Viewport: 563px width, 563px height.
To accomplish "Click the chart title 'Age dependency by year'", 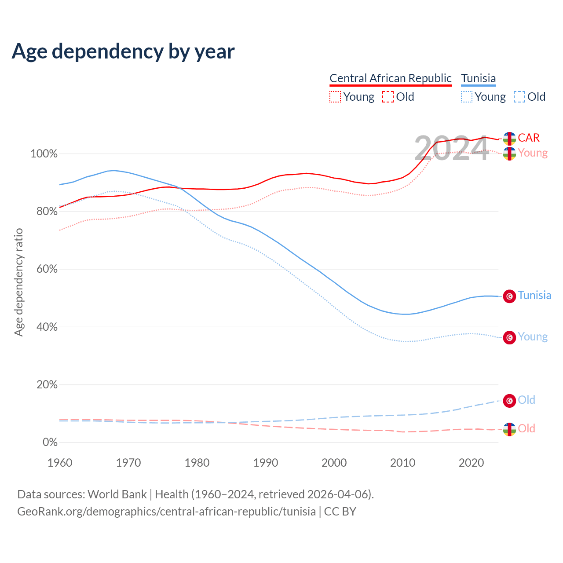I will [x=123, y=51].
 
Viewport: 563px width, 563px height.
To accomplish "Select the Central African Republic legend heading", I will [x=390, y=78].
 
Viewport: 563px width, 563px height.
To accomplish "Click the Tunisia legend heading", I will [x=478, y=78].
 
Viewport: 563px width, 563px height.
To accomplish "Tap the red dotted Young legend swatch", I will [x=335, y=97].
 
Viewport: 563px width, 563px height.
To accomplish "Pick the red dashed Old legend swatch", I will [x=388, y=97].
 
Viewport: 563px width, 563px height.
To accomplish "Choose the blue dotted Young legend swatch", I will [x=467, y=97].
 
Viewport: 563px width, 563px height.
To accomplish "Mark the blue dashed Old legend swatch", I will [x=519, y=97].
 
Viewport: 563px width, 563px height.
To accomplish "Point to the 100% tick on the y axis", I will [x=44, y=154].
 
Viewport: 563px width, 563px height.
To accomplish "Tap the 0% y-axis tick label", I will [x=50, y=442].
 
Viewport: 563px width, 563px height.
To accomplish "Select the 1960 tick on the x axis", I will [x=60, y=463].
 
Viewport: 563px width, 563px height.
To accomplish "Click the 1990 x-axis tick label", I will [x=266, y=463].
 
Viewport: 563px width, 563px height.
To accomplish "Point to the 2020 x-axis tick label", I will [x=472, y=463].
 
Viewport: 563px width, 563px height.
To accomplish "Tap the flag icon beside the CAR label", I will [x=509, y=139].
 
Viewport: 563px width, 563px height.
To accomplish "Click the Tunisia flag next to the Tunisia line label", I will [x=509, y=296].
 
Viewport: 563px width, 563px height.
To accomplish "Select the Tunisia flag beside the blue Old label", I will [x=509, y=401].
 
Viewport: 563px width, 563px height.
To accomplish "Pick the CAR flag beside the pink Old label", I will [x=509, y=429].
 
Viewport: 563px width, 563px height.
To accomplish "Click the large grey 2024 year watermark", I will [x=451, y=149].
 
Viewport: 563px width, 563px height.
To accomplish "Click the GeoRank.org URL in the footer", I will [x=166, y=512].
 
